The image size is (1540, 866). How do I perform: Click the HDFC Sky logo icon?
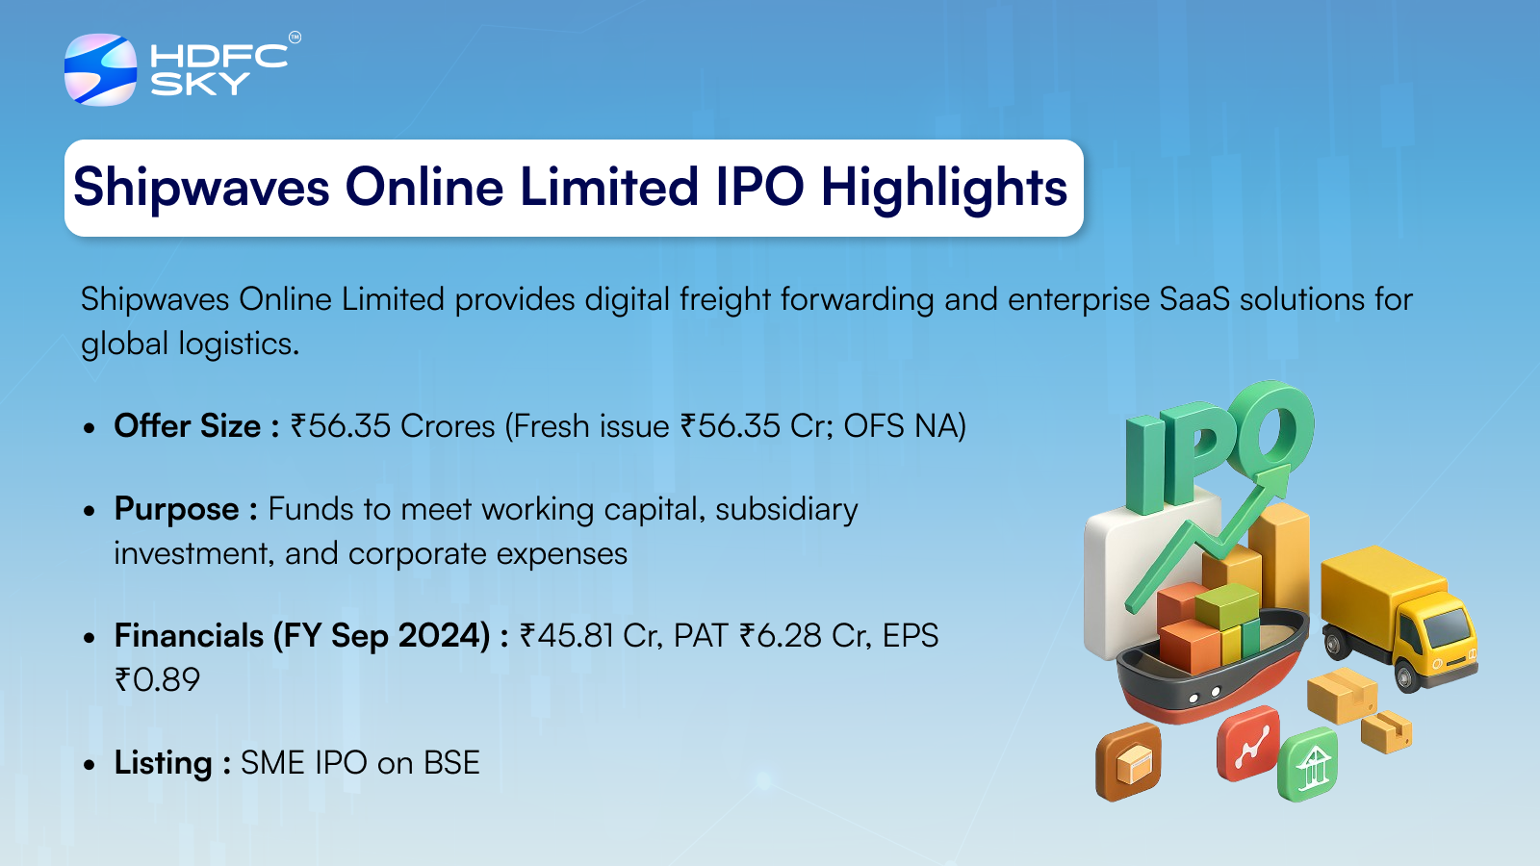click(x=100, y=69)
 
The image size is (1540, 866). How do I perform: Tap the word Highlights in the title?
click(x=944, y=188)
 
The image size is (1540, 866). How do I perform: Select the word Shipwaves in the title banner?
click(x=201, y=188)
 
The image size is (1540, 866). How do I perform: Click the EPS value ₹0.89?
click(x=158, y=679)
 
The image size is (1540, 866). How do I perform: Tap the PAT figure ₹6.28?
click(x=781, y=635)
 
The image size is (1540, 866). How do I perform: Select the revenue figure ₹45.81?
click(x=567, y=635)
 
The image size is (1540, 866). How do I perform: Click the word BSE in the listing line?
click(x=451, y=763)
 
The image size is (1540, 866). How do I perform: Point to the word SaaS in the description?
click(x=1194, y=299)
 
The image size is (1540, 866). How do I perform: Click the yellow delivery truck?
click(x=1399, y=616)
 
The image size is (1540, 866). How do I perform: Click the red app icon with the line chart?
click(x=1247, y=744)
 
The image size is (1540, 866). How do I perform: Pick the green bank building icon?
click(x=1308, y=764)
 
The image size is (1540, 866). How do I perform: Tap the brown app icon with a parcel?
click(x=1128, y=762)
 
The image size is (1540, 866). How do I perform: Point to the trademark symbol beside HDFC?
click(x=295, y=38)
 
